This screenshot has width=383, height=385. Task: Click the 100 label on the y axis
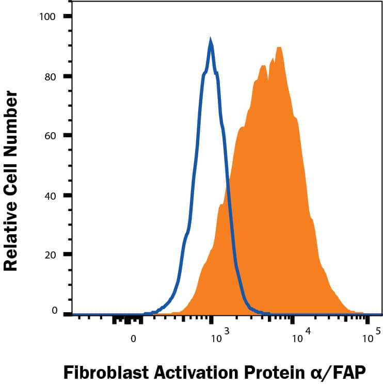tap(48, 17)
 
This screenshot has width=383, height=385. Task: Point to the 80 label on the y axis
tap(50, 76)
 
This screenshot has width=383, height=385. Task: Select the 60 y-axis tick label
tap(50, 136)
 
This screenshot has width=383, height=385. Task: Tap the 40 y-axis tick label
tap(50, 196)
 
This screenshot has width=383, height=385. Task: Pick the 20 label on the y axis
tap(50, 254)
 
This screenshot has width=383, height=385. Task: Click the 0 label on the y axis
tap(53, 311)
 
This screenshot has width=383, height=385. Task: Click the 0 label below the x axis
tap(133, 339)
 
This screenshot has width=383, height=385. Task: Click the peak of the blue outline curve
tap(211, 40)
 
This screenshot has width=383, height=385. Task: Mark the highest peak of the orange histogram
tap(279, 47)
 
